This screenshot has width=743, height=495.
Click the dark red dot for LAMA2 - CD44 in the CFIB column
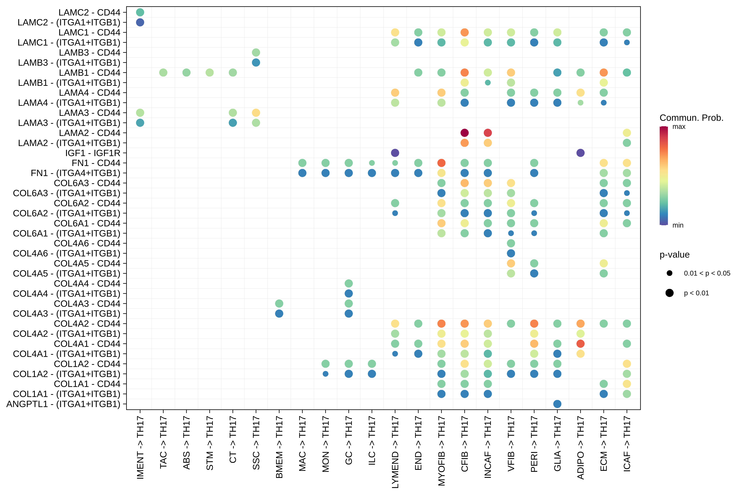[x=464, y=133]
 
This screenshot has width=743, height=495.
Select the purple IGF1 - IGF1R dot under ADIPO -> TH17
[x=580, y=153]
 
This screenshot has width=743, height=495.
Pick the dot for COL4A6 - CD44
[x=511, y=243]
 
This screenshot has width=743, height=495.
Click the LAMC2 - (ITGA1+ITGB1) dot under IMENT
[x=140, y=22]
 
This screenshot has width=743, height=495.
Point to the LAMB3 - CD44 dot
[x=256, y=52]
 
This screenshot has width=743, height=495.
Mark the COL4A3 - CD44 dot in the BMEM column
[x=279, y=304]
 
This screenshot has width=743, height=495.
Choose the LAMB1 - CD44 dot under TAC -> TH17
[x=163, y=73]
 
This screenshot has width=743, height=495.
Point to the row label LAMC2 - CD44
[x=89, y=13]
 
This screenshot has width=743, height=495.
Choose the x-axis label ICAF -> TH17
[x=627, y=444]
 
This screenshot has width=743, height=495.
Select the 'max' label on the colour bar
[x=679, y=127]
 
